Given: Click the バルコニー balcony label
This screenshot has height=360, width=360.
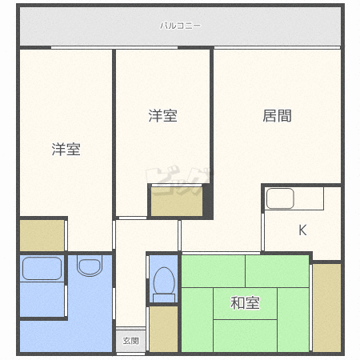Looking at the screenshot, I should point(180,26).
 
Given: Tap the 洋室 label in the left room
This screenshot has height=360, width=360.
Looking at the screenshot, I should point(66,150).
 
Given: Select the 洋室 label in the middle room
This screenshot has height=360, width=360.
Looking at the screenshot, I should point(162,116).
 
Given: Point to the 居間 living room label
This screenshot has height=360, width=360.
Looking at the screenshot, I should point(277,116).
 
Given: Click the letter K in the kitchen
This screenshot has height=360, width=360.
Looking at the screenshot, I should point(302,230).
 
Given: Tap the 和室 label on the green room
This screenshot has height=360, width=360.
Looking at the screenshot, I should point(245,303).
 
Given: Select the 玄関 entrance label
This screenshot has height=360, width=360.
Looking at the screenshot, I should point(130,341).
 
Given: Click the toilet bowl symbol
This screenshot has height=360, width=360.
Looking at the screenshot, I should point(163,281).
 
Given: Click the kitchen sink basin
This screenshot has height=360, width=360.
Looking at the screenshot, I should point(280,198).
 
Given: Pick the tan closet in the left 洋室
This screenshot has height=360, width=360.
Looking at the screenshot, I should point(42,234).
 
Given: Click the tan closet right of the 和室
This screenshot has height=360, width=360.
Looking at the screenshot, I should point(326,306).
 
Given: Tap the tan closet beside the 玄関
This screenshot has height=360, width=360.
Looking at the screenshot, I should point(162,328).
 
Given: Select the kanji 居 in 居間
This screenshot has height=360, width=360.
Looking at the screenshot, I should point(270,116).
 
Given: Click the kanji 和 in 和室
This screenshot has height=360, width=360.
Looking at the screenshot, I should point(238,303).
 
